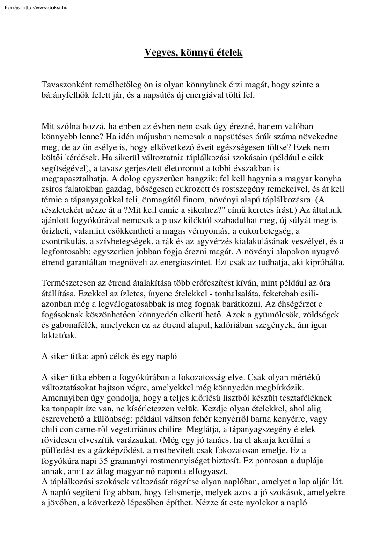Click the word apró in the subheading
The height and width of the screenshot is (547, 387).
tap(99, 356)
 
